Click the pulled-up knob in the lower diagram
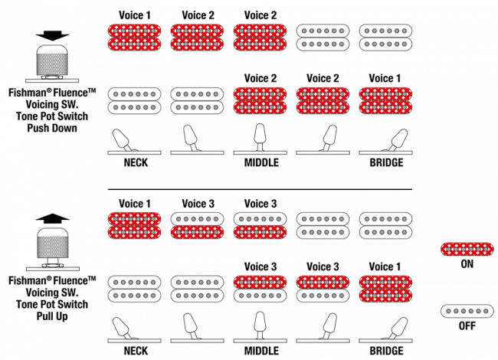[x=52, y=243]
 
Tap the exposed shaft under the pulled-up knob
[x=52, y=261]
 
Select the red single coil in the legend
[x=467, y=249]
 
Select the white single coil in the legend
[x=467, y=311]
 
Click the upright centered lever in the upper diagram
[x=260, y=136]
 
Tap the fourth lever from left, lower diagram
[x=329, y=325]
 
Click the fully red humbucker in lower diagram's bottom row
[x=385, y=289]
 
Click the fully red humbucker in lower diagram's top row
[x=134, y=225]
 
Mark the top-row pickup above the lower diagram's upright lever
[x=260, y=225]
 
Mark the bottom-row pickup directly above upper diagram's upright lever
[x=260, y=100]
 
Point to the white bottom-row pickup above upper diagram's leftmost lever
[x=134, y=100]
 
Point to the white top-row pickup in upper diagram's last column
[x=385, y=38]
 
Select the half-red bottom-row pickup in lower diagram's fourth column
[x=323, y=289]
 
